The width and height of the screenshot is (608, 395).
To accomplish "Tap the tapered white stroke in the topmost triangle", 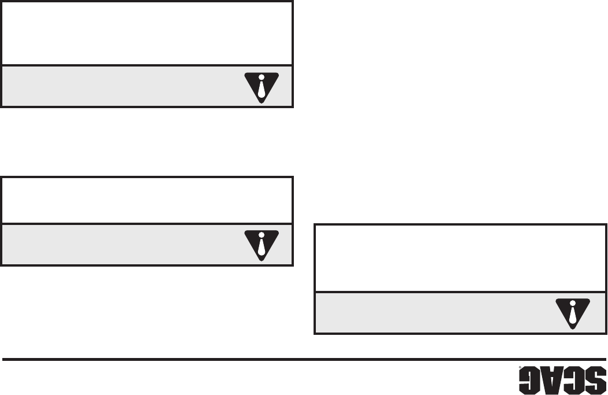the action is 261,90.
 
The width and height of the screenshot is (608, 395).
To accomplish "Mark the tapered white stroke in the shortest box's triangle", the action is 261,248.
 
